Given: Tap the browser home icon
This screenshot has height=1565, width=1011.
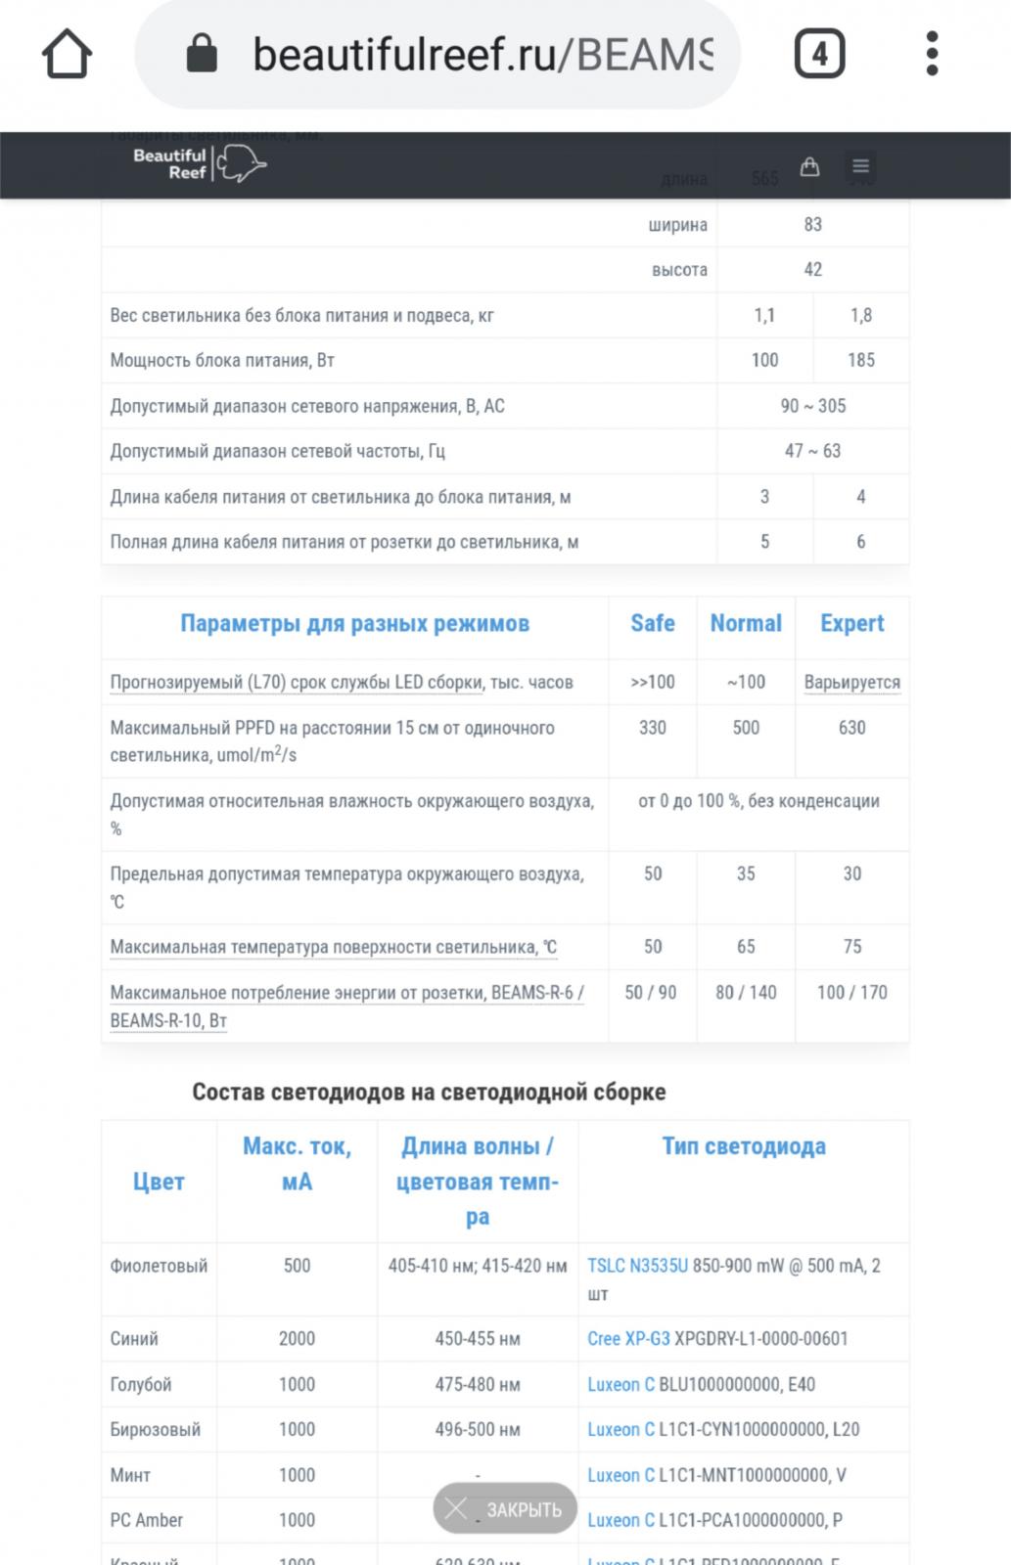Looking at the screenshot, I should (x=67, y=54).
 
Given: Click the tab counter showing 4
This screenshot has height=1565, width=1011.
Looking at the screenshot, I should (x=819, y=54).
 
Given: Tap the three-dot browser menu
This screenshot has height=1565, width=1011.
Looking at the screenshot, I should (x=932, y=54).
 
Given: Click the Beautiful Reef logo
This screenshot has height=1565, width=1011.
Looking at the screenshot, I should (x=200, y=164).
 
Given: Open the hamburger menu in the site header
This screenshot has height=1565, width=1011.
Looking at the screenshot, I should (x=861, y=166).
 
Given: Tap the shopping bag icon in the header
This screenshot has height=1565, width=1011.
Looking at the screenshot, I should (x=809, y=166).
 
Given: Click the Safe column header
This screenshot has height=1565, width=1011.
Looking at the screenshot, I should (x=653, y=623).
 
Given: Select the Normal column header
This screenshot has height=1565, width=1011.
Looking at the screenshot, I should (x=746, y=623).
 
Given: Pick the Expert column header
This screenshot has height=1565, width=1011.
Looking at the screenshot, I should (x=851, y=623).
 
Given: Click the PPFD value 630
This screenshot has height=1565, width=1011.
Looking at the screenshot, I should (x=851, y=728).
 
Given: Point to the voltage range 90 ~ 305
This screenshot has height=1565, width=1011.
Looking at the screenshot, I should (x=812, y=406).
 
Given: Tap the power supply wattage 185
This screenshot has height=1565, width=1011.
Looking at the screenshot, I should (x=861, y=360).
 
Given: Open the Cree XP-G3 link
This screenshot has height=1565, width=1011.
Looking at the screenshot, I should (x=628, y=1339).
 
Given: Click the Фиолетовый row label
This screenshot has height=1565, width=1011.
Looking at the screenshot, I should (x=159, y=1266).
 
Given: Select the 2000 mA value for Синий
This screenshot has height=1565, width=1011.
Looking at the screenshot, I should (x=297, y=1339).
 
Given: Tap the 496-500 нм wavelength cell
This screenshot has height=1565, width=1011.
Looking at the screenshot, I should (x=478, y=1429).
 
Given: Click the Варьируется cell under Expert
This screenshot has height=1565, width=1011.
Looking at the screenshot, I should (x=851, y=682).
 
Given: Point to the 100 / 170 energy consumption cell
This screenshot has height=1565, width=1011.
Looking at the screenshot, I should (x=851, y=993).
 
